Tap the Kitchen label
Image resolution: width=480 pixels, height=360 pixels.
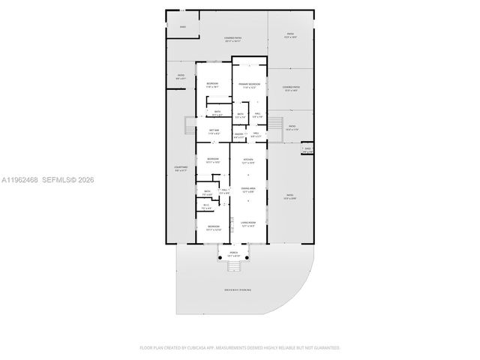tap(248, 160)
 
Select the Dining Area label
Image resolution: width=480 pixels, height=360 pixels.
tap(248, 189)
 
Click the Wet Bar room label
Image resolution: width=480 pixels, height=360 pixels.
tap(214, 131)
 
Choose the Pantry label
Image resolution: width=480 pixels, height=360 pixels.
tap(238, 135)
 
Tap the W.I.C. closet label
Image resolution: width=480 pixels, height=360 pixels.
tap(206, 206)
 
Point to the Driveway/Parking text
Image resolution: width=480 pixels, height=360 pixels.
tap(237, 289)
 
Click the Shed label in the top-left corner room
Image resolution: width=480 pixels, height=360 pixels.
tap(182, 27)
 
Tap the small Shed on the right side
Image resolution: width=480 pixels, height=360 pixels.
tap(307, 149)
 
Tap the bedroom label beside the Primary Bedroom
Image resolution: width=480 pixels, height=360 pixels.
tap(213, 85)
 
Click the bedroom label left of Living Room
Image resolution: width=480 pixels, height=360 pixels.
tap(214, 228)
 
